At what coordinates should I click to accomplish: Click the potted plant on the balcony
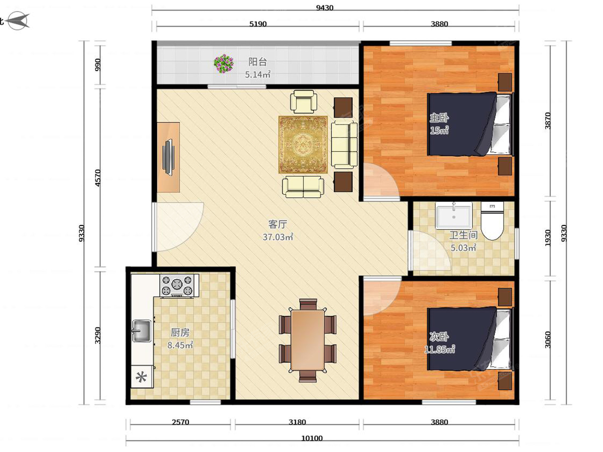(224, 63)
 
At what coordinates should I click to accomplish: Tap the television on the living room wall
(168, 157)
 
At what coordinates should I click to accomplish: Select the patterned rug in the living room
(303, 145)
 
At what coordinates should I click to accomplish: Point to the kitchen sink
(142, 330)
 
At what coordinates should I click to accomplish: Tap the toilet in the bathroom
(492, 221)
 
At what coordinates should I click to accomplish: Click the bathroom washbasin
(454, 215)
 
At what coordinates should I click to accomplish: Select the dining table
(308, 340)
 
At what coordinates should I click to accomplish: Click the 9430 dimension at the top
(325, 8)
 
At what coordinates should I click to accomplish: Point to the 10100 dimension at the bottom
(312, 438)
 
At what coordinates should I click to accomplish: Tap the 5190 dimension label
(258, 24)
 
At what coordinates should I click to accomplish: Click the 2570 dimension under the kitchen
(180, 422)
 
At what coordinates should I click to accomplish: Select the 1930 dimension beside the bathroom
(548, 238)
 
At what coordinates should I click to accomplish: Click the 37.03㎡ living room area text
(278, 237)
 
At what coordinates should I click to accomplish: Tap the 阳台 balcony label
(257, 62)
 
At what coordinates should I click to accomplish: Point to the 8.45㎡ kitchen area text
(180, 345)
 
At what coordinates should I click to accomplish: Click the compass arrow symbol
(18, 21)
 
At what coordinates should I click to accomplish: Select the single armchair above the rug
(304, 101)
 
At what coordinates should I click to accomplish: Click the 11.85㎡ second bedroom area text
(440, 350)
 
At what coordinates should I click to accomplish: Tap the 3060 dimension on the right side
(548, 340)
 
